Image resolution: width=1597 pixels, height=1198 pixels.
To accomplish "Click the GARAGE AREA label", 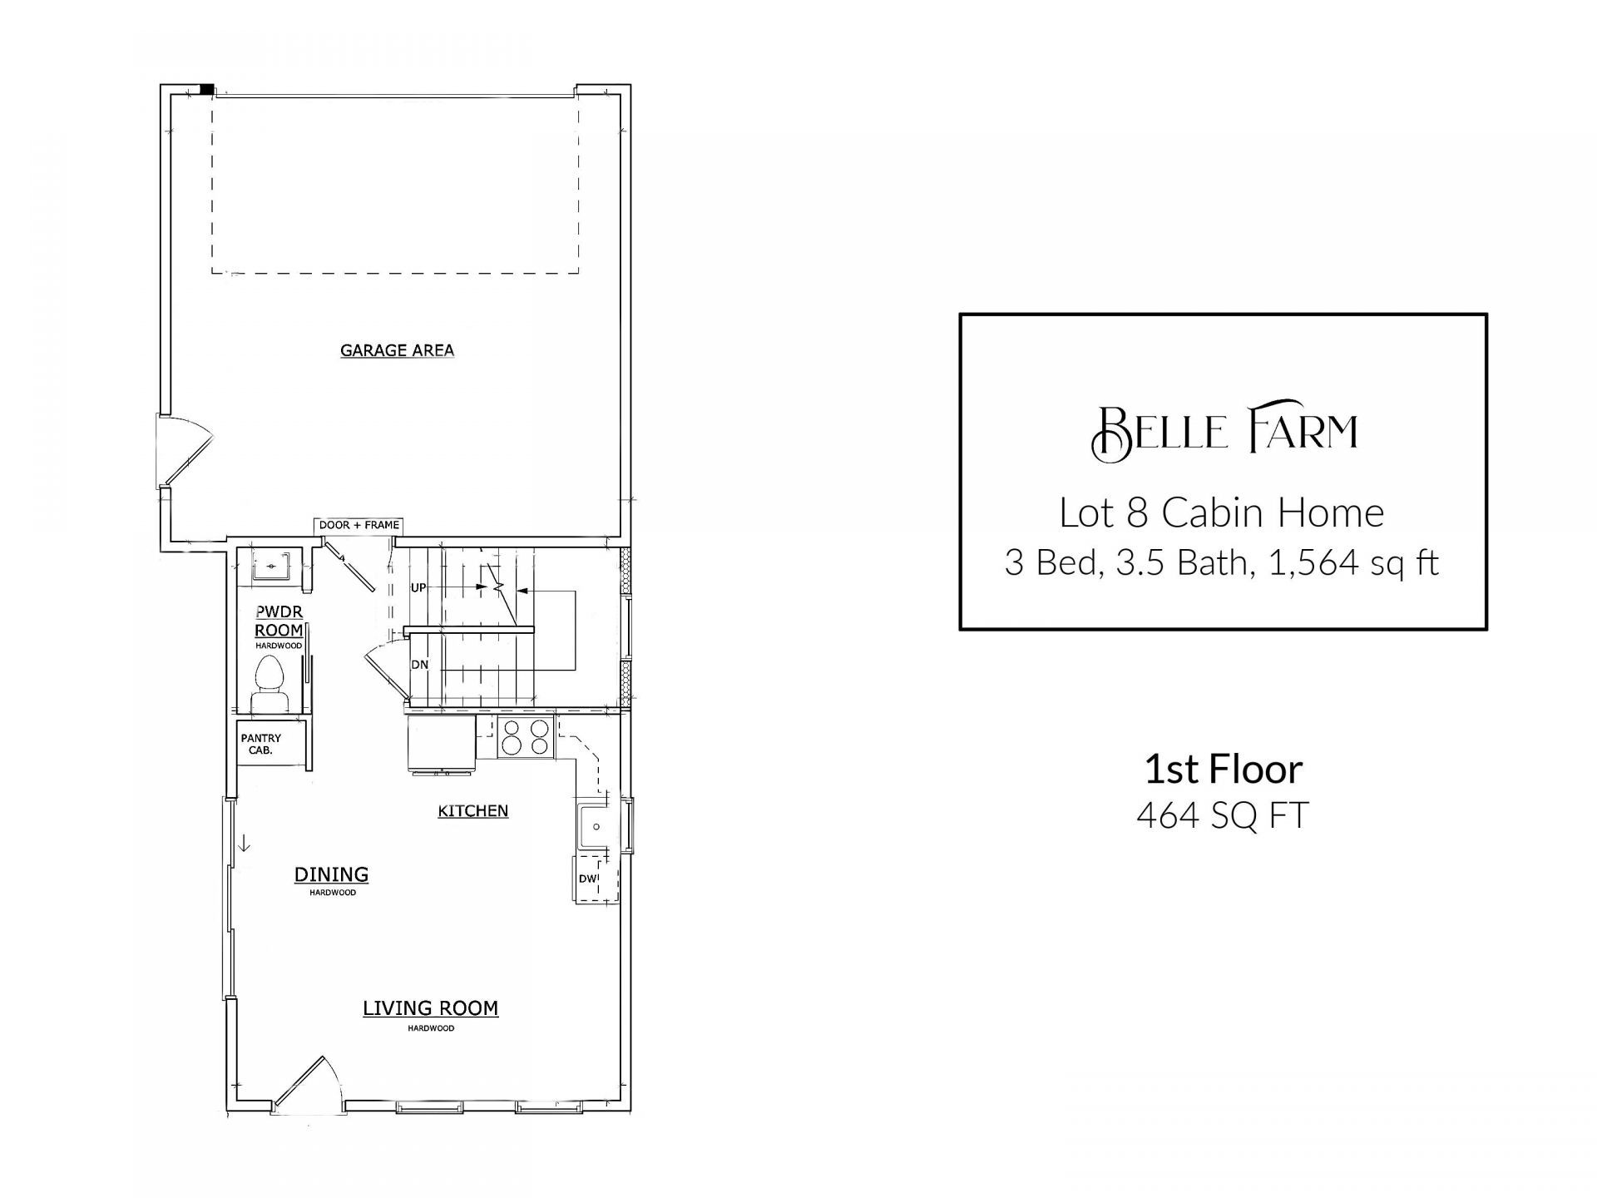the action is (x=397, y=350).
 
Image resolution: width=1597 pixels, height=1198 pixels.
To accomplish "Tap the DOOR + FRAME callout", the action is (x=358, y=525).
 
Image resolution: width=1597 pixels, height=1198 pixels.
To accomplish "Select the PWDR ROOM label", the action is (x=279, y=621).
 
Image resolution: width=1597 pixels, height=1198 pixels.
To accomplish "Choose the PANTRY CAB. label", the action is (x=260, y=744).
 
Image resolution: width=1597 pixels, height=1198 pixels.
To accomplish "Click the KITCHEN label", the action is (x=473, y=810).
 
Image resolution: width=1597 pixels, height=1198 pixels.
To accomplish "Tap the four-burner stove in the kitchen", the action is (x=526, y=736).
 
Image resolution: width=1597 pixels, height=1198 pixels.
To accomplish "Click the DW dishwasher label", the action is (x=587, y=879).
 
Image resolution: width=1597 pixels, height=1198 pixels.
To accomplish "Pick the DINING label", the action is (x=331, y=874).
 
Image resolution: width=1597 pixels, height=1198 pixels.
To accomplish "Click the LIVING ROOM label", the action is (x=430, y=1008).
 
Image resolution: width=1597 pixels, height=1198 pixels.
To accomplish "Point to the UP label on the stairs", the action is (x=418, y=587).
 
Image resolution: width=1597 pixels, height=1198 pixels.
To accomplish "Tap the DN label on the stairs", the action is (x=420, y=665).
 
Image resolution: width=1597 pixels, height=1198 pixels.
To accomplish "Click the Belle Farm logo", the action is (x=1224, y=430).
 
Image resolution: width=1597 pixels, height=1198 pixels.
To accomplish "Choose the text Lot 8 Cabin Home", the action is (x=1222, y=512).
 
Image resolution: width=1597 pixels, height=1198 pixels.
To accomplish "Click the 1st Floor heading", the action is (x=1224, y=770).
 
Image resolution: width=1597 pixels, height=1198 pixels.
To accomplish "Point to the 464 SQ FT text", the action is (x=1223, y=815).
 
